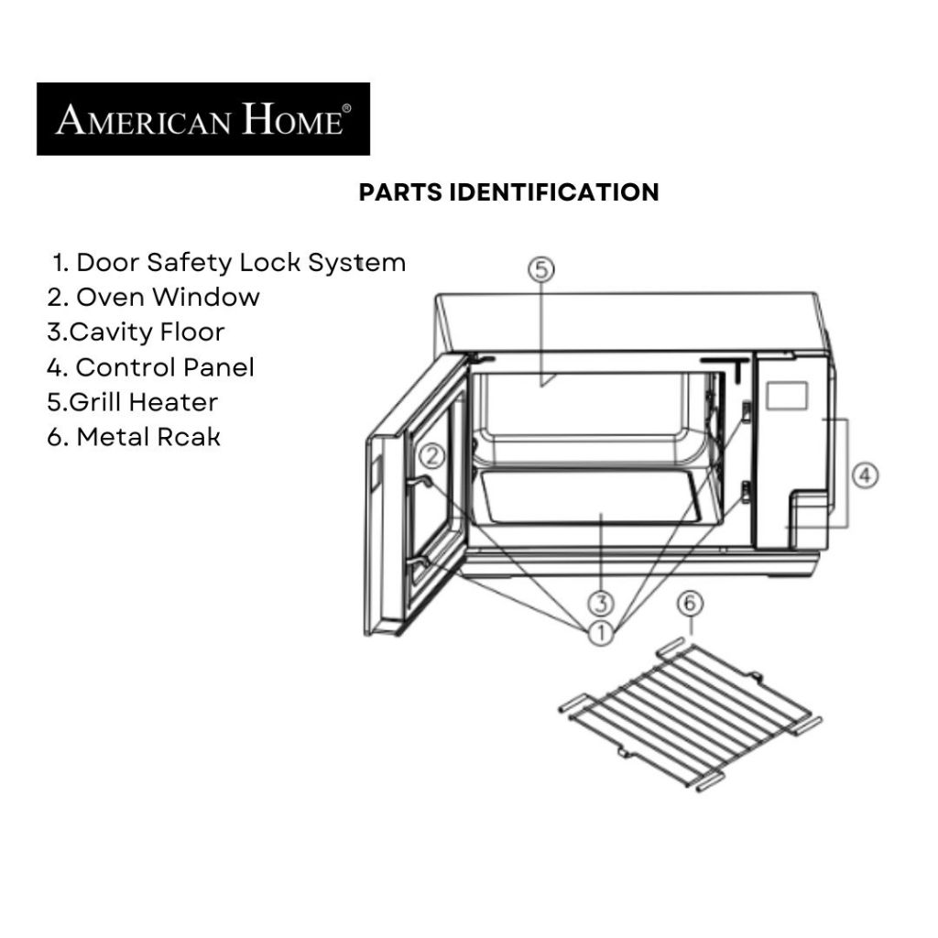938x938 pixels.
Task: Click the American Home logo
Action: (x=203, y=119)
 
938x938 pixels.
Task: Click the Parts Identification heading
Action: (x=509, y=192)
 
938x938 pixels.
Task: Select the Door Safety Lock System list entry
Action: (x=230, y=263)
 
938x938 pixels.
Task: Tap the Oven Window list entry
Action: (x=154, y=298)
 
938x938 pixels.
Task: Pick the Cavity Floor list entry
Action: (x=136, y=333)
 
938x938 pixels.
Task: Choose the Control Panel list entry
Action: (x=151, y=367)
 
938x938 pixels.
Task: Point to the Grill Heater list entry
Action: (x=132, y=402)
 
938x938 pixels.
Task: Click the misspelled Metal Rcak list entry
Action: (x=134, y=437)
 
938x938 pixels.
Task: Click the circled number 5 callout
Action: (x=540, y=270)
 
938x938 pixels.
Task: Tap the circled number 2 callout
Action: (x=432, y=457)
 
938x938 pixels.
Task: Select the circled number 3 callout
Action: (x=601, y=603)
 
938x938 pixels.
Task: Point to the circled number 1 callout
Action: (x=601, y=633)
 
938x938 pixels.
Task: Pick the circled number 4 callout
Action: (x=865, y=476)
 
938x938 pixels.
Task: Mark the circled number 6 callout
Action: (x=690, y=604)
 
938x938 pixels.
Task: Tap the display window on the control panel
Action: (x=787, y=396)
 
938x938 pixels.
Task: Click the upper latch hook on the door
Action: (x=420, y=484)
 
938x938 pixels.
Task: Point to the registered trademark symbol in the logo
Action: (x=346, y=108)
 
